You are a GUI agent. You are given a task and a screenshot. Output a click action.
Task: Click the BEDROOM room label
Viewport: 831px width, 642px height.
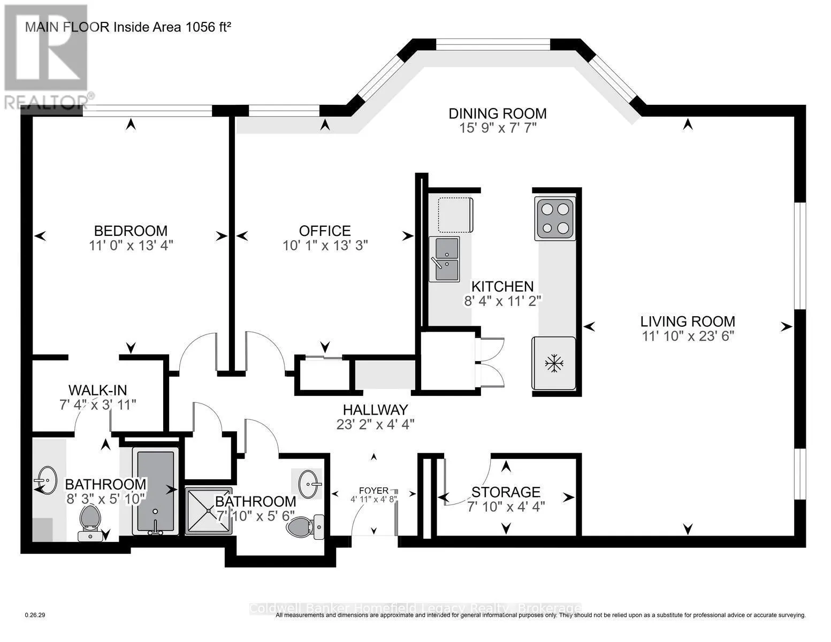click(131, 231)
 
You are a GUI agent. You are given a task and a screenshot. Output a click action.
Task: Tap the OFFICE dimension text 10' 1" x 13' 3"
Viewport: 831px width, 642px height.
click(325, 246)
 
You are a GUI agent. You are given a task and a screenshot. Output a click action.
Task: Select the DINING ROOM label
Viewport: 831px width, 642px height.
click(498, 113)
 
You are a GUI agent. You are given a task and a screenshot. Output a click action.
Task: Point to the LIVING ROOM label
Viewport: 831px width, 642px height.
click(688, 322)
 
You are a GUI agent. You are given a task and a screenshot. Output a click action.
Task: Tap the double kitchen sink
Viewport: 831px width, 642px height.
click(444, 259)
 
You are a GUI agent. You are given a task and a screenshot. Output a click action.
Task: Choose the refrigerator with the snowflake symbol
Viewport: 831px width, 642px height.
click(553, 363)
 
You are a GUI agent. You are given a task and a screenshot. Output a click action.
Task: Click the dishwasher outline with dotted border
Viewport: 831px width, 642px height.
click(455, 215)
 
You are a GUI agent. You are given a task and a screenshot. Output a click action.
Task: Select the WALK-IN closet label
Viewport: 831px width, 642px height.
click(98, 391)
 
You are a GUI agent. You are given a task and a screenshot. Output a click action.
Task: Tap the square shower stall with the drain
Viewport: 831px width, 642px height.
click(209, 510)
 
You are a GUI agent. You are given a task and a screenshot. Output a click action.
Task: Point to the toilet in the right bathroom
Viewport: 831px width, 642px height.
click(305, 528)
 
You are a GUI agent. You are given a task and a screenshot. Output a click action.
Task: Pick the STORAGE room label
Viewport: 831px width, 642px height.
click(506, 492)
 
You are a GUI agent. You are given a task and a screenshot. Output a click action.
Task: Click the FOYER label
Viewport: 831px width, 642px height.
click(373, 491)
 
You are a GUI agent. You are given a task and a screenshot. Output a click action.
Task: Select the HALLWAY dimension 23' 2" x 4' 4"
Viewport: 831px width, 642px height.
click(376, 424)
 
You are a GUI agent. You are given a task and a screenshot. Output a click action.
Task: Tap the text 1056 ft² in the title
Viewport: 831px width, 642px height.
click(209, 27)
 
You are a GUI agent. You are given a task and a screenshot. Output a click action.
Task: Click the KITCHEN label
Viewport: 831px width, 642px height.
click(502, 286)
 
